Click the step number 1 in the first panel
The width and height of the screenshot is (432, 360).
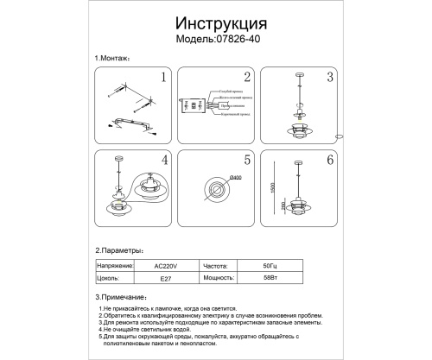pos(162,79)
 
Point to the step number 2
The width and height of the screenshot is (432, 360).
pos(246,79)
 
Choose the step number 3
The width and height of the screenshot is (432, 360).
pos(329,79)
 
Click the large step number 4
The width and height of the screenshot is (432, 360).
pos(162,161)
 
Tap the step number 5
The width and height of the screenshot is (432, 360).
pos(246,161)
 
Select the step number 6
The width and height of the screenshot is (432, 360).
pos(329,161)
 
